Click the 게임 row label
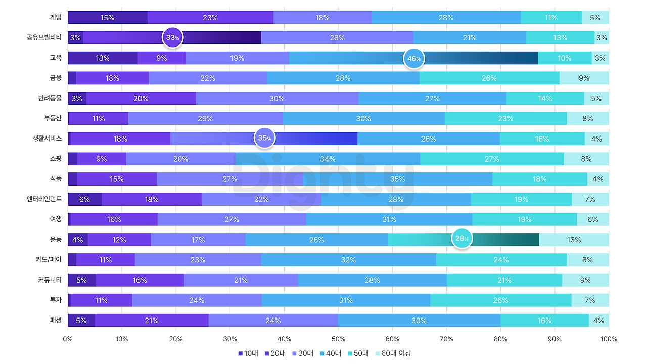point(55,17)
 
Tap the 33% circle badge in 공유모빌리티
point(172,37)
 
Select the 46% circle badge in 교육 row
point(414,58)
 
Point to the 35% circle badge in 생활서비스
point(264,138)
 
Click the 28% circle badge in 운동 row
point(461,238)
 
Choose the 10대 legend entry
point(248,353)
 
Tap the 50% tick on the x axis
point(338,339)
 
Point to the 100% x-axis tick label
point(609,339)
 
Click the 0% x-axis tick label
point(68,339)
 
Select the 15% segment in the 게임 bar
point(107,18)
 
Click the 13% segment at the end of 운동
point(574,240)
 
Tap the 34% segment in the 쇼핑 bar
point(328,159)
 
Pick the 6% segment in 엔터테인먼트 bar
point(84,199)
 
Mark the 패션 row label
point(55,320)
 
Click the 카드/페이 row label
point(49,260)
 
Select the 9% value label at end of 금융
point(584,78)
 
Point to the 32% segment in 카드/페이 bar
point(348,260)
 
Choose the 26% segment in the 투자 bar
point(500,300)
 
